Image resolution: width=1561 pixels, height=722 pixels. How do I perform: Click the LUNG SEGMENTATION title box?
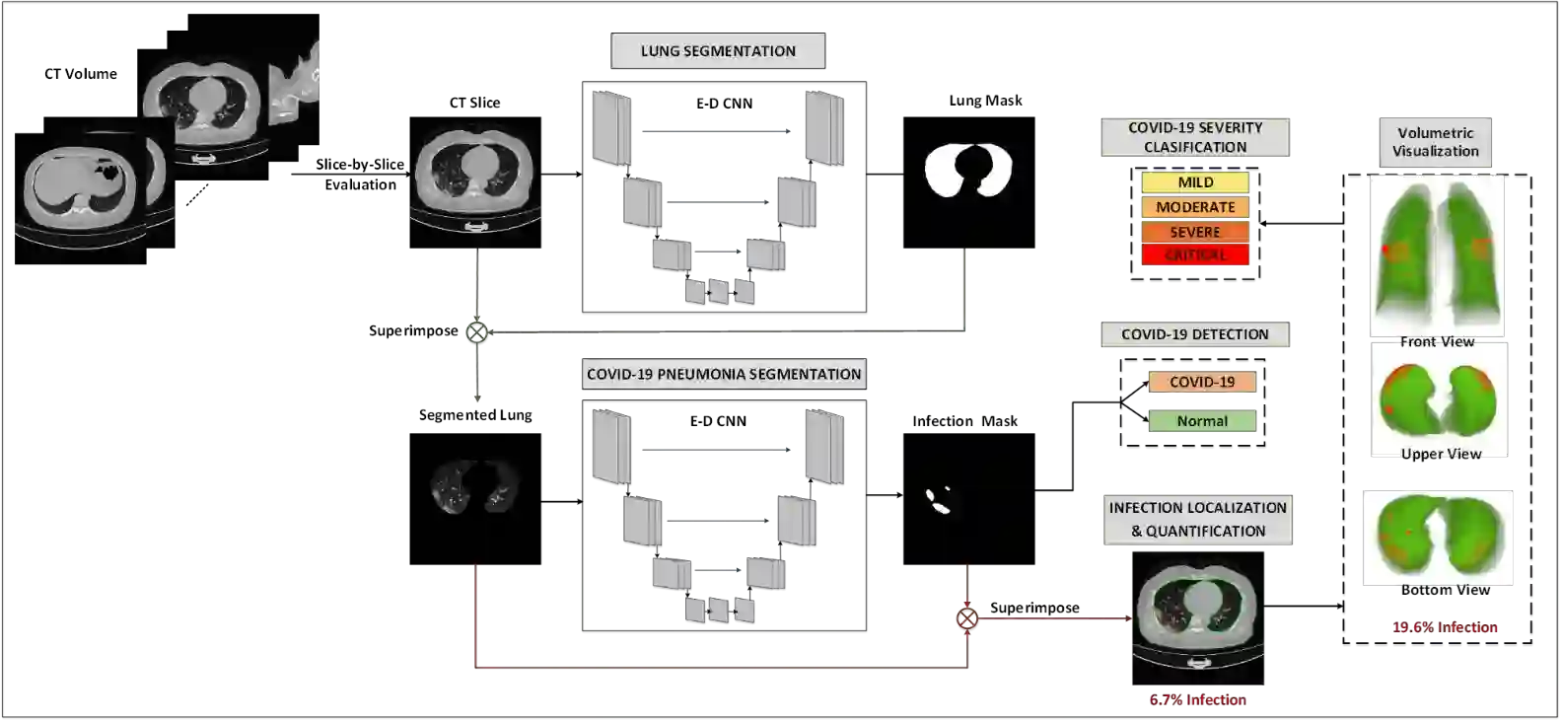click(x=718, y=51)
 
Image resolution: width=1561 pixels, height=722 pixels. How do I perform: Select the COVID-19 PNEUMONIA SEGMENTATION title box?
click(x=724, y=375)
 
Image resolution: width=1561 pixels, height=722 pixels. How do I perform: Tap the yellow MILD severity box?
click(x=1195, y=182)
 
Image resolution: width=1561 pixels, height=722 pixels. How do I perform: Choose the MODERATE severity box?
click(x=1195, y=207)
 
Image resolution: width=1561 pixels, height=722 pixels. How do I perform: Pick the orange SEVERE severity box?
click(x=1195, y=232)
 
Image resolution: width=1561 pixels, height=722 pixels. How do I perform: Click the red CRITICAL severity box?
click(x=1195, y=254)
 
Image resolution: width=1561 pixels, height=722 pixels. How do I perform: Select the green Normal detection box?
click(x=1202, y=421)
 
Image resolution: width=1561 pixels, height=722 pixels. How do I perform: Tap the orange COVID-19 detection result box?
click(x=1202, y=382)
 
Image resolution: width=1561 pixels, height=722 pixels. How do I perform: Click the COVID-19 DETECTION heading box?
click(x=1194, y=334)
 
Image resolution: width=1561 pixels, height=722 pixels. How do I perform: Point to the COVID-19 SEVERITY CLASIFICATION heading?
click(x=1195, y=137)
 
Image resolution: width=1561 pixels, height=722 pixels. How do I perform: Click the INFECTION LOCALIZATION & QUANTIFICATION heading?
click(x=1197, y=519)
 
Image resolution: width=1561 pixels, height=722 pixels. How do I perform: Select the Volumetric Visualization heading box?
click(x=1435, y=142)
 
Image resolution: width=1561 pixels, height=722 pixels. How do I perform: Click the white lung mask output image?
click(x=968, y=170)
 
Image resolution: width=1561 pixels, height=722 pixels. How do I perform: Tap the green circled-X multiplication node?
click(x=476, y=333)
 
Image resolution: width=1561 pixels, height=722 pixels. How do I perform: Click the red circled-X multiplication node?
click(x=966, y=618)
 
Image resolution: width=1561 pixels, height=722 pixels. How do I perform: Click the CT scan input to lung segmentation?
click(x=475, y=178)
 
